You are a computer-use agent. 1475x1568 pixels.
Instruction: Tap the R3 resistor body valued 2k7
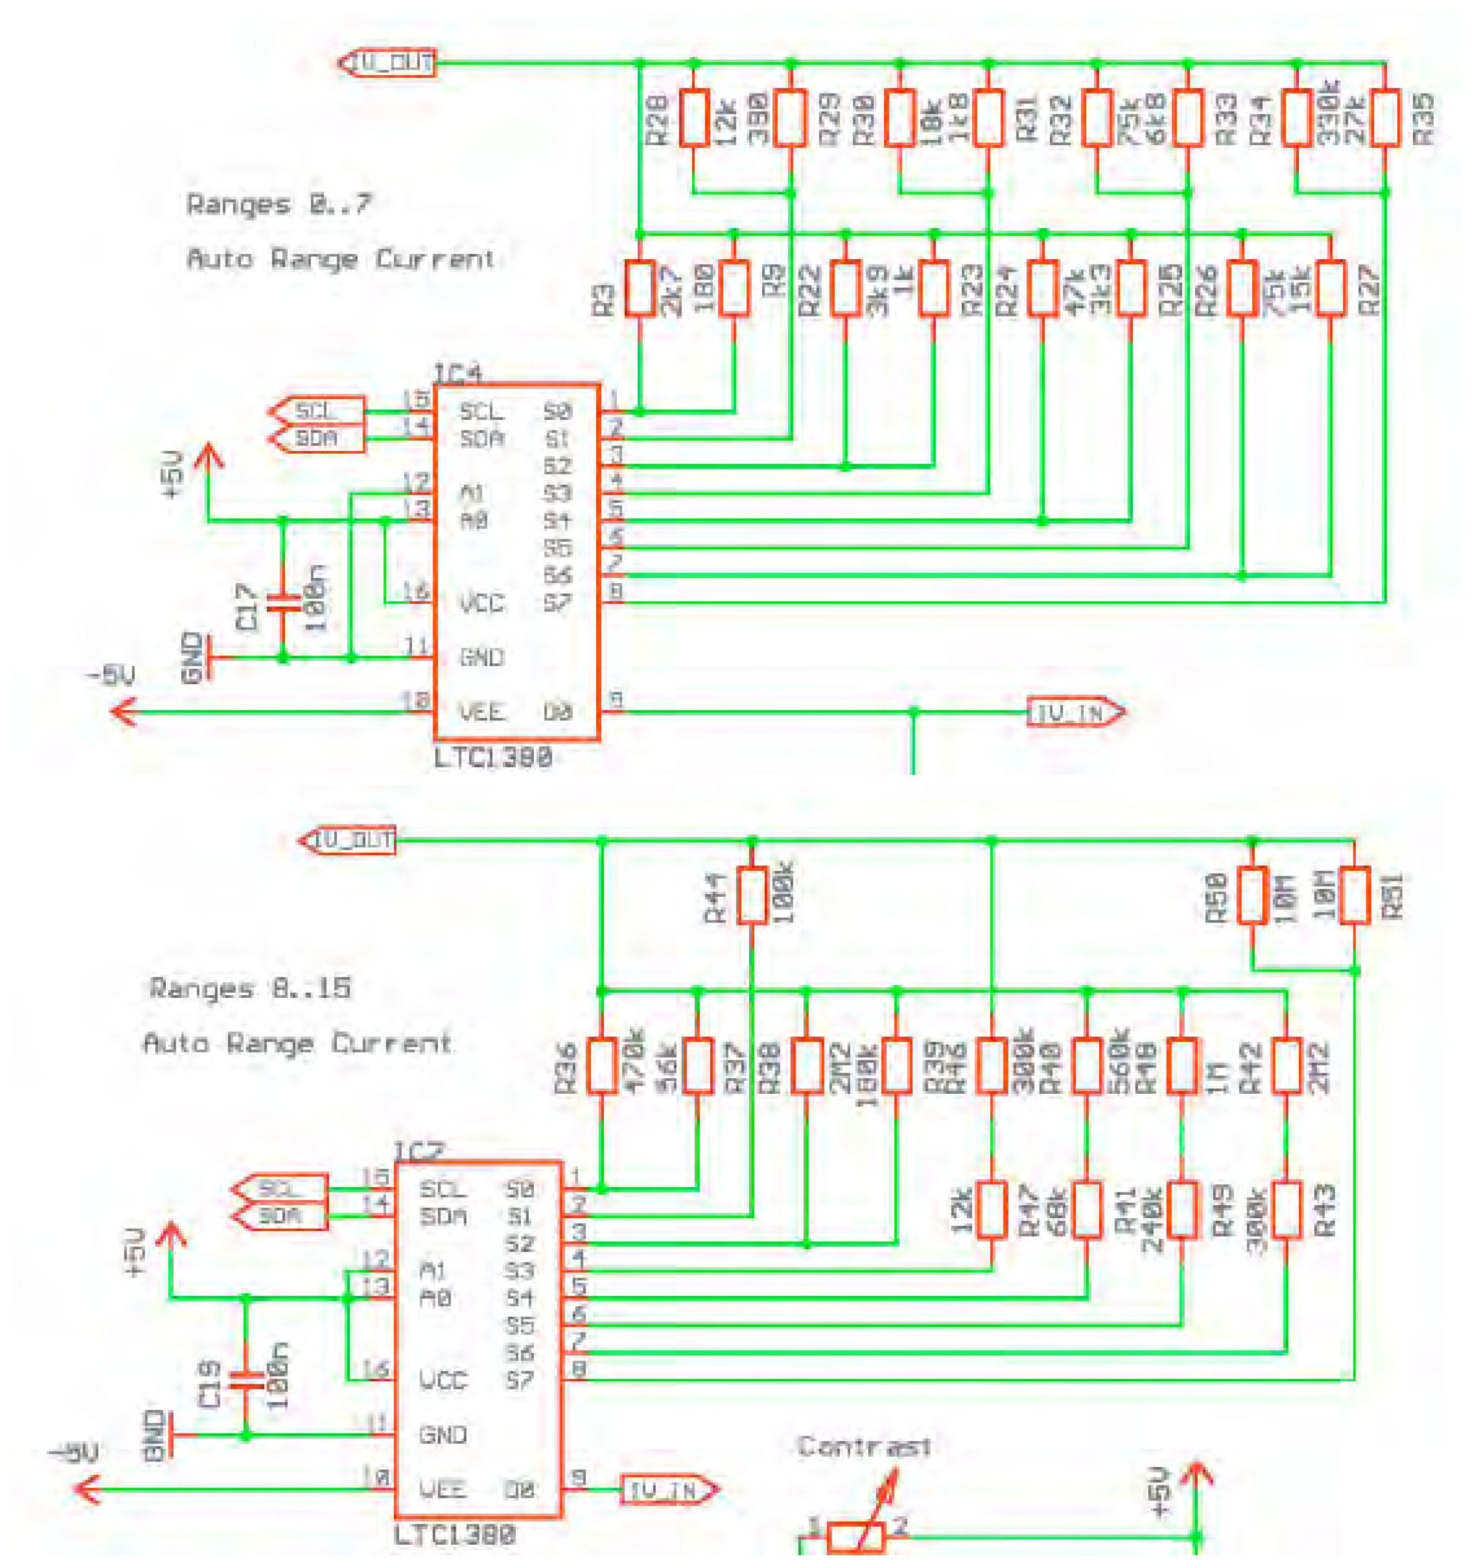(x=639, y=290)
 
